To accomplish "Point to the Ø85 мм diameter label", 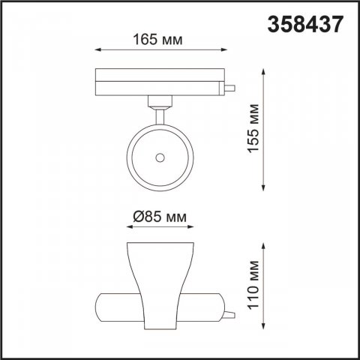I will (159, 217).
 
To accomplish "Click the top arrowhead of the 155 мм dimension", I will (263, 71).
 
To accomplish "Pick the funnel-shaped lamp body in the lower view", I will (160, 285).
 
